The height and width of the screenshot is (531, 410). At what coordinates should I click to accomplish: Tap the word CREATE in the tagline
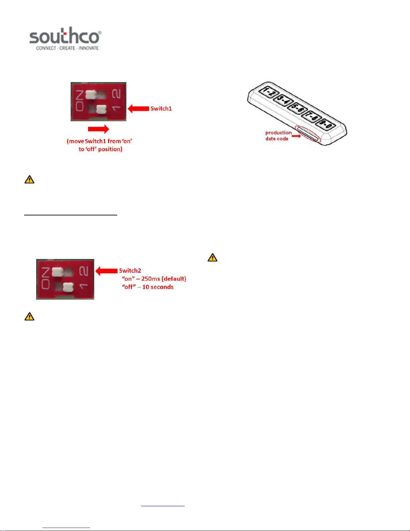(67, 48)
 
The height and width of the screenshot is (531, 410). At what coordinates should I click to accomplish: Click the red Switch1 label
(161, 109)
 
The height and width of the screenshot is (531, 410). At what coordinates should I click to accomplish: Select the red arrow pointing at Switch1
(138, 109)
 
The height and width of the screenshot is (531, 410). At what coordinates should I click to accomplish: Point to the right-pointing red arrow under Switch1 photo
(98, 129)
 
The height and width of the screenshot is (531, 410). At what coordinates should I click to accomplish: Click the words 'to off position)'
(100, 149)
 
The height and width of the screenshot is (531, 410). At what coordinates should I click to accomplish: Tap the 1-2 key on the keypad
(268, 91)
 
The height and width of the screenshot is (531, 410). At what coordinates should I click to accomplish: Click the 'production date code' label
(278, 136)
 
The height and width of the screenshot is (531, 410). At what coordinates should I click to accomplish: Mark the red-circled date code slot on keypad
(308, 134)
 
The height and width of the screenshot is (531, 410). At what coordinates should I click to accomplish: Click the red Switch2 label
(130, 271)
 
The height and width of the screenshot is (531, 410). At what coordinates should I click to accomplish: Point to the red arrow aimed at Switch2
(106, 271)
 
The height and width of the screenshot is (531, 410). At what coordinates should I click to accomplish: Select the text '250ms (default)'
(163, 279)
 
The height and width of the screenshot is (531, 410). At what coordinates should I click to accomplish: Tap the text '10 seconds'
(158, 287)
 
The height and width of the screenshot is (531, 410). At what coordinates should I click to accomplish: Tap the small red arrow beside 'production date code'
(296, 136)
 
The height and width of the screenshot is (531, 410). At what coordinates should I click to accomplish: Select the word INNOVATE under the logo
(89, 48)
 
